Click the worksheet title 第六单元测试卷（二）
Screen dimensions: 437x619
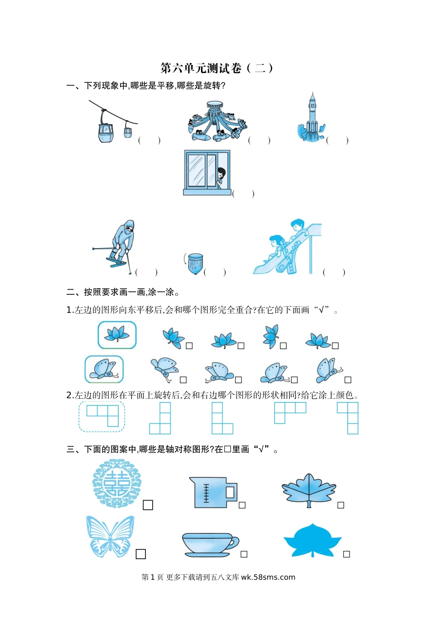tap(217, 68)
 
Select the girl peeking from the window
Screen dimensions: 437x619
tap(221, 178)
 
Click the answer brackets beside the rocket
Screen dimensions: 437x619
tap(337, 140)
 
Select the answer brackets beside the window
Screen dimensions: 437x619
tap(243, 193)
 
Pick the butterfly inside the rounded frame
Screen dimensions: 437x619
tap(104, 369)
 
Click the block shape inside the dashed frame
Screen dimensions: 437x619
tap(103, 416)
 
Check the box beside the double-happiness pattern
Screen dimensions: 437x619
tap(148, 505)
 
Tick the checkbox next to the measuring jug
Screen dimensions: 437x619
tap(242, 505)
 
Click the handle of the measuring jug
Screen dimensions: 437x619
tap(231, 492)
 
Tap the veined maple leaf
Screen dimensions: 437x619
tap(309, 490)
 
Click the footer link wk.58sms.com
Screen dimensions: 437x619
tap(268, 583)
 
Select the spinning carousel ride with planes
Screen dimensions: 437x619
tap(217, 121)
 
